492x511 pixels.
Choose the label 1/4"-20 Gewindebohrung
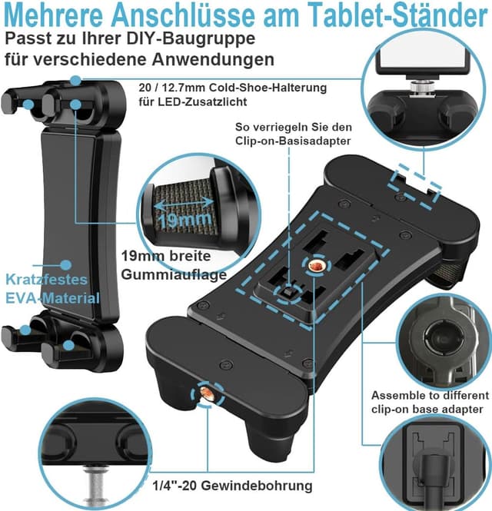[x=231, y=486]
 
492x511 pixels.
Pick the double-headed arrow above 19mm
[x=184, y=202]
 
